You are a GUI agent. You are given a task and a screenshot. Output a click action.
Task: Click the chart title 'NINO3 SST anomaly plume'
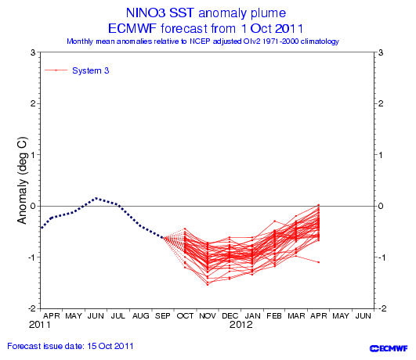coord(206,13)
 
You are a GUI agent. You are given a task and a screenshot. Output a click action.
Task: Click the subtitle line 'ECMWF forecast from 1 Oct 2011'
coord(205,28)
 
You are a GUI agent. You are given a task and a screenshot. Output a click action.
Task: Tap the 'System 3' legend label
coord(90,70)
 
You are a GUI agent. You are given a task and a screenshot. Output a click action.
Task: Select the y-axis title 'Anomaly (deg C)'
coord(22,181)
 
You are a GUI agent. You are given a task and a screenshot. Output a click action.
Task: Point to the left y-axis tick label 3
coord(33,52)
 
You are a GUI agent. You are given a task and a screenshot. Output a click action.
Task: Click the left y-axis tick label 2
coord(33,103)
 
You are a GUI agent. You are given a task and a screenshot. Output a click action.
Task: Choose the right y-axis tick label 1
coord(381,155)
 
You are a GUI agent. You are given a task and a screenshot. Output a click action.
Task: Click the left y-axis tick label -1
coord(32,257)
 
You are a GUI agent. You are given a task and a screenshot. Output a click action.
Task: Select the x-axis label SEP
coord(162,315)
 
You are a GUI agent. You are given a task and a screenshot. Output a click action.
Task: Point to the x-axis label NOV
coord(208,315)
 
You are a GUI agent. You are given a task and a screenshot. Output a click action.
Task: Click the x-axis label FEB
coord(274,315)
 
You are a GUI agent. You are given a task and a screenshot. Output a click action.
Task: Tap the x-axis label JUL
coord(118,315)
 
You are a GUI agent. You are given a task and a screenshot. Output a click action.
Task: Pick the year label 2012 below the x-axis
coord(241,325)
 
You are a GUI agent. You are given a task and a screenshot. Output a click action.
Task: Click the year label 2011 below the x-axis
coord(40,325)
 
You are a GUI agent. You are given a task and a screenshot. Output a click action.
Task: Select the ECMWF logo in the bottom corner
coord(389,348)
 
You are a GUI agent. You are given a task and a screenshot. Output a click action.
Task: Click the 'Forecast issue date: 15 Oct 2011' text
coord(71,346)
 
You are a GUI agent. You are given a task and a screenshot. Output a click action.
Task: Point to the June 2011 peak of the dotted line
coord(96,198)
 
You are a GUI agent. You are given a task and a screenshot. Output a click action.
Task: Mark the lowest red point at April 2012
coord(319,262)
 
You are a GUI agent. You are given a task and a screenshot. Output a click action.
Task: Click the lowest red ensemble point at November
coord(208,285)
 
